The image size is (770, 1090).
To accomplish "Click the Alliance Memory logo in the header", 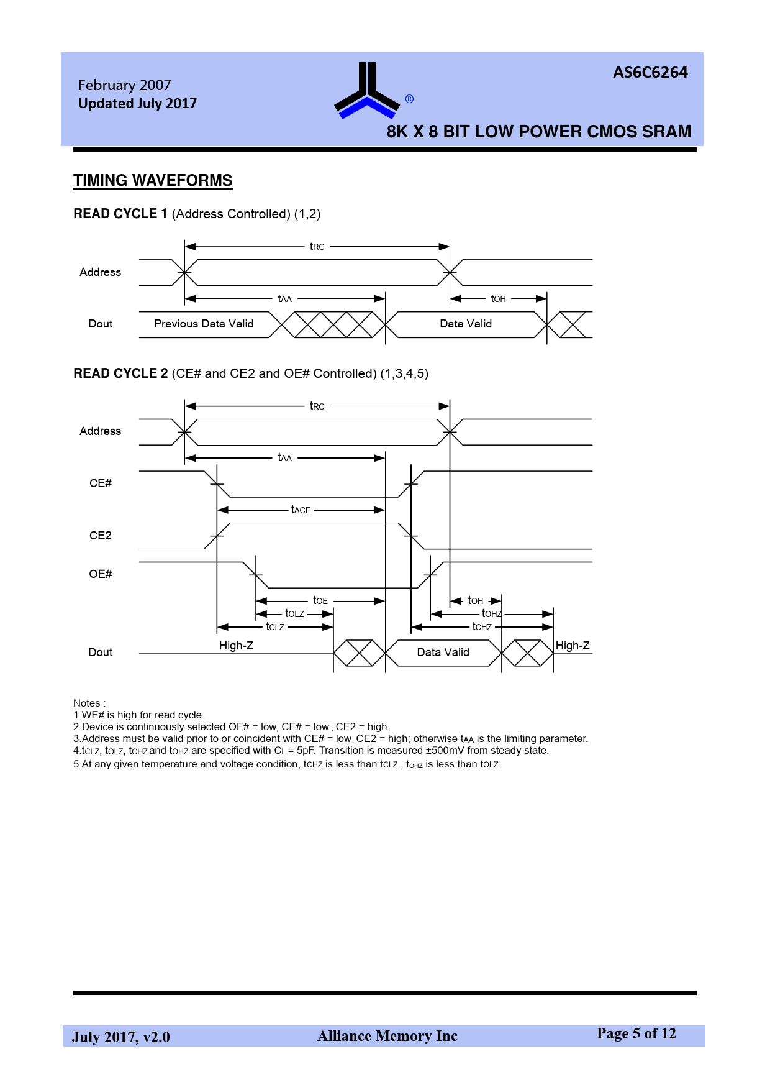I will click(367, 91).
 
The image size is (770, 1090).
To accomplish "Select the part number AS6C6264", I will click(650, 73).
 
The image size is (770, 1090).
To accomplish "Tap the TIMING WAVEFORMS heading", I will click(153, 180).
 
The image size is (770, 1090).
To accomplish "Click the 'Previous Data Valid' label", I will click(204, 324).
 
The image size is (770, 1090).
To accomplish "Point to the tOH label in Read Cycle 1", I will click(498, 299).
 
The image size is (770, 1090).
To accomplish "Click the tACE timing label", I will click(301, 510).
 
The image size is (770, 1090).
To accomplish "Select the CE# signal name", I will click(101, 483).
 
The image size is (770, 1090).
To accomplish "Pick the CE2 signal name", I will click(101, 536).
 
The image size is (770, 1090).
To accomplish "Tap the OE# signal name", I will click(101, 574).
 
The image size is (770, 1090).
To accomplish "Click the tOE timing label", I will click(320, 601).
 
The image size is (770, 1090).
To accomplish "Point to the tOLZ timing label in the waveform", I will click(294, 614).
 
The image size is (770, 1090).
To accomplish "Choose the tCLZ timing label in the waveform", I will click(275, 627).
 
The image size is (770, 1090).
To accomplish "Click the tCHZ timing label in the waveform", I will click(482, 627).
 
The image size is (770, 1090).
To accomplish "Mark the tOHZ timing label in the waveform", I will click(491, 614).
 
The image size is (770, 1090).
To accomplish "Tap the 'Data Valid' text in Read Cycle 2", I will click(443, 653).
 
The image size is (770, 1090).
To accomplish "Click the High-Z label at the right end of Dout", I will click(572, 646).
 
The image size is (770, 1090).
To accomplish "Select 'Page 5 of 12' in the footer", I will click(636, 1033).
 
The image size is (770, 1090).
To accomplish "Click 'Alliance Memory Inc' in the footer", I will click(387, 1036).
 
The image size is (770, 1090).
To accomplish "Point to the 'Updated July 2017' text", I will click(137, 104).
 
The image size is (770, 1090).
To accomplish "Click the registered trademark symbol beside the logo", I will click(409, 99).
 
